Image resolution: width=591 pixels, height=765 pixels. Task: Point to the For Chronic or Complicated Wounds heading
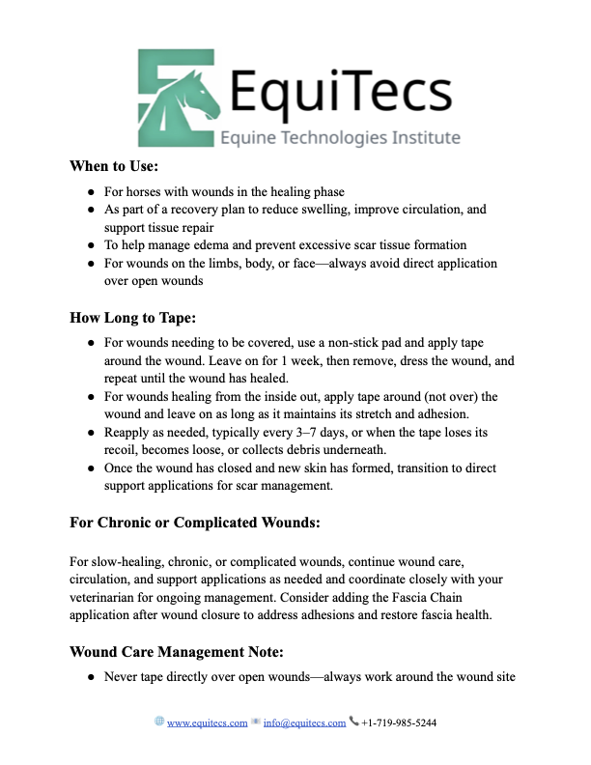pos(195,523)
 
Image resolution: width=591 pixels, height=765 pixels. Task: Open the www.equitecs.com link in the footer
pos(208,722)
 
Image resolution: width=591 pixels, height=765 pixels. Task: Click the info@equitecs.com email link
pos(304,722)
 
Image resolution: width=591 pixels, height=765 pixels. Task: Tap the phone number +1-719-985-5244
pos(398,722)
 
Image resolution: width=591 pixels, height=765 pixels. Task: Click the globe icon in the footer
pos(159,722)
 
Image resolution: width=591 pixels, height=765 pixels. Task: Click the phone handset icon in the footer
pos(353,722)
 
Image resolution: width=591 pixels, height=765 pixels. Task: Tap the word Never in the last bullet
pos(123,677)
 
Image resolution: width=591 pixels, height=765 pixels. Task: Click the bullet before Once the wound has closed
pos(90,468)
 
